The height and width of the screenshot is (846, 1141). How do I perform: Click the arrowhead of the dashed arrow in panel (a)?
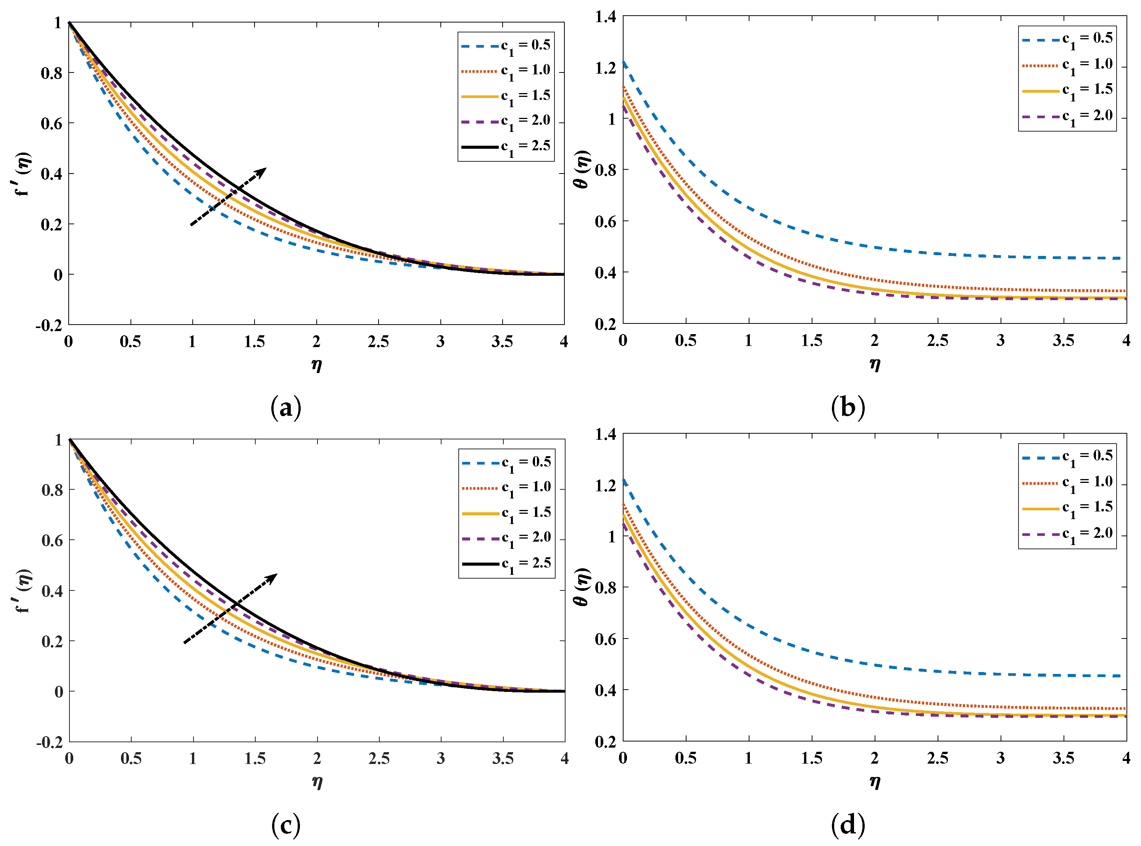[262, 171]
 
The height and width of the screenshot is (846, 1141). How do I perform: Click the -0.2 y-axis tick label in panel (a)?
[49, 325]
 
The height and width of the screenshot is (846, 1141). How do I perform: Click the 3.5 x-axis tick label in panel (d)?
[1063, 758]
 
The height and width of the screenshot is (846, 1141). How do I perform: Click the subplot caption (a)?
[285, 408]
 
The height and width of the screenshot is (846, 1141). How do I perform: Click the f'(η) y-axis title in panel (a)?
[23, 174]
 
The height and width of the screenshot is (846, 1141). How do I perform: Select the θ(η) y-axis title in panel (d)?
[582, 587]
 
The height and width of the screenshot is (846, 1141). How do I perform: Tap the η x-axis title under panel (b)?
[875, 364]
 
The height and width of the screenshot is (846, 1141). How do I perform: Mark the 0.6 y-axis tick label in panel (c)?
[52, 540]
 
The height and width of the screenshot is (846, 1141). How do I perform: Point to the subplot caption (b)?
[848, 408]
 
